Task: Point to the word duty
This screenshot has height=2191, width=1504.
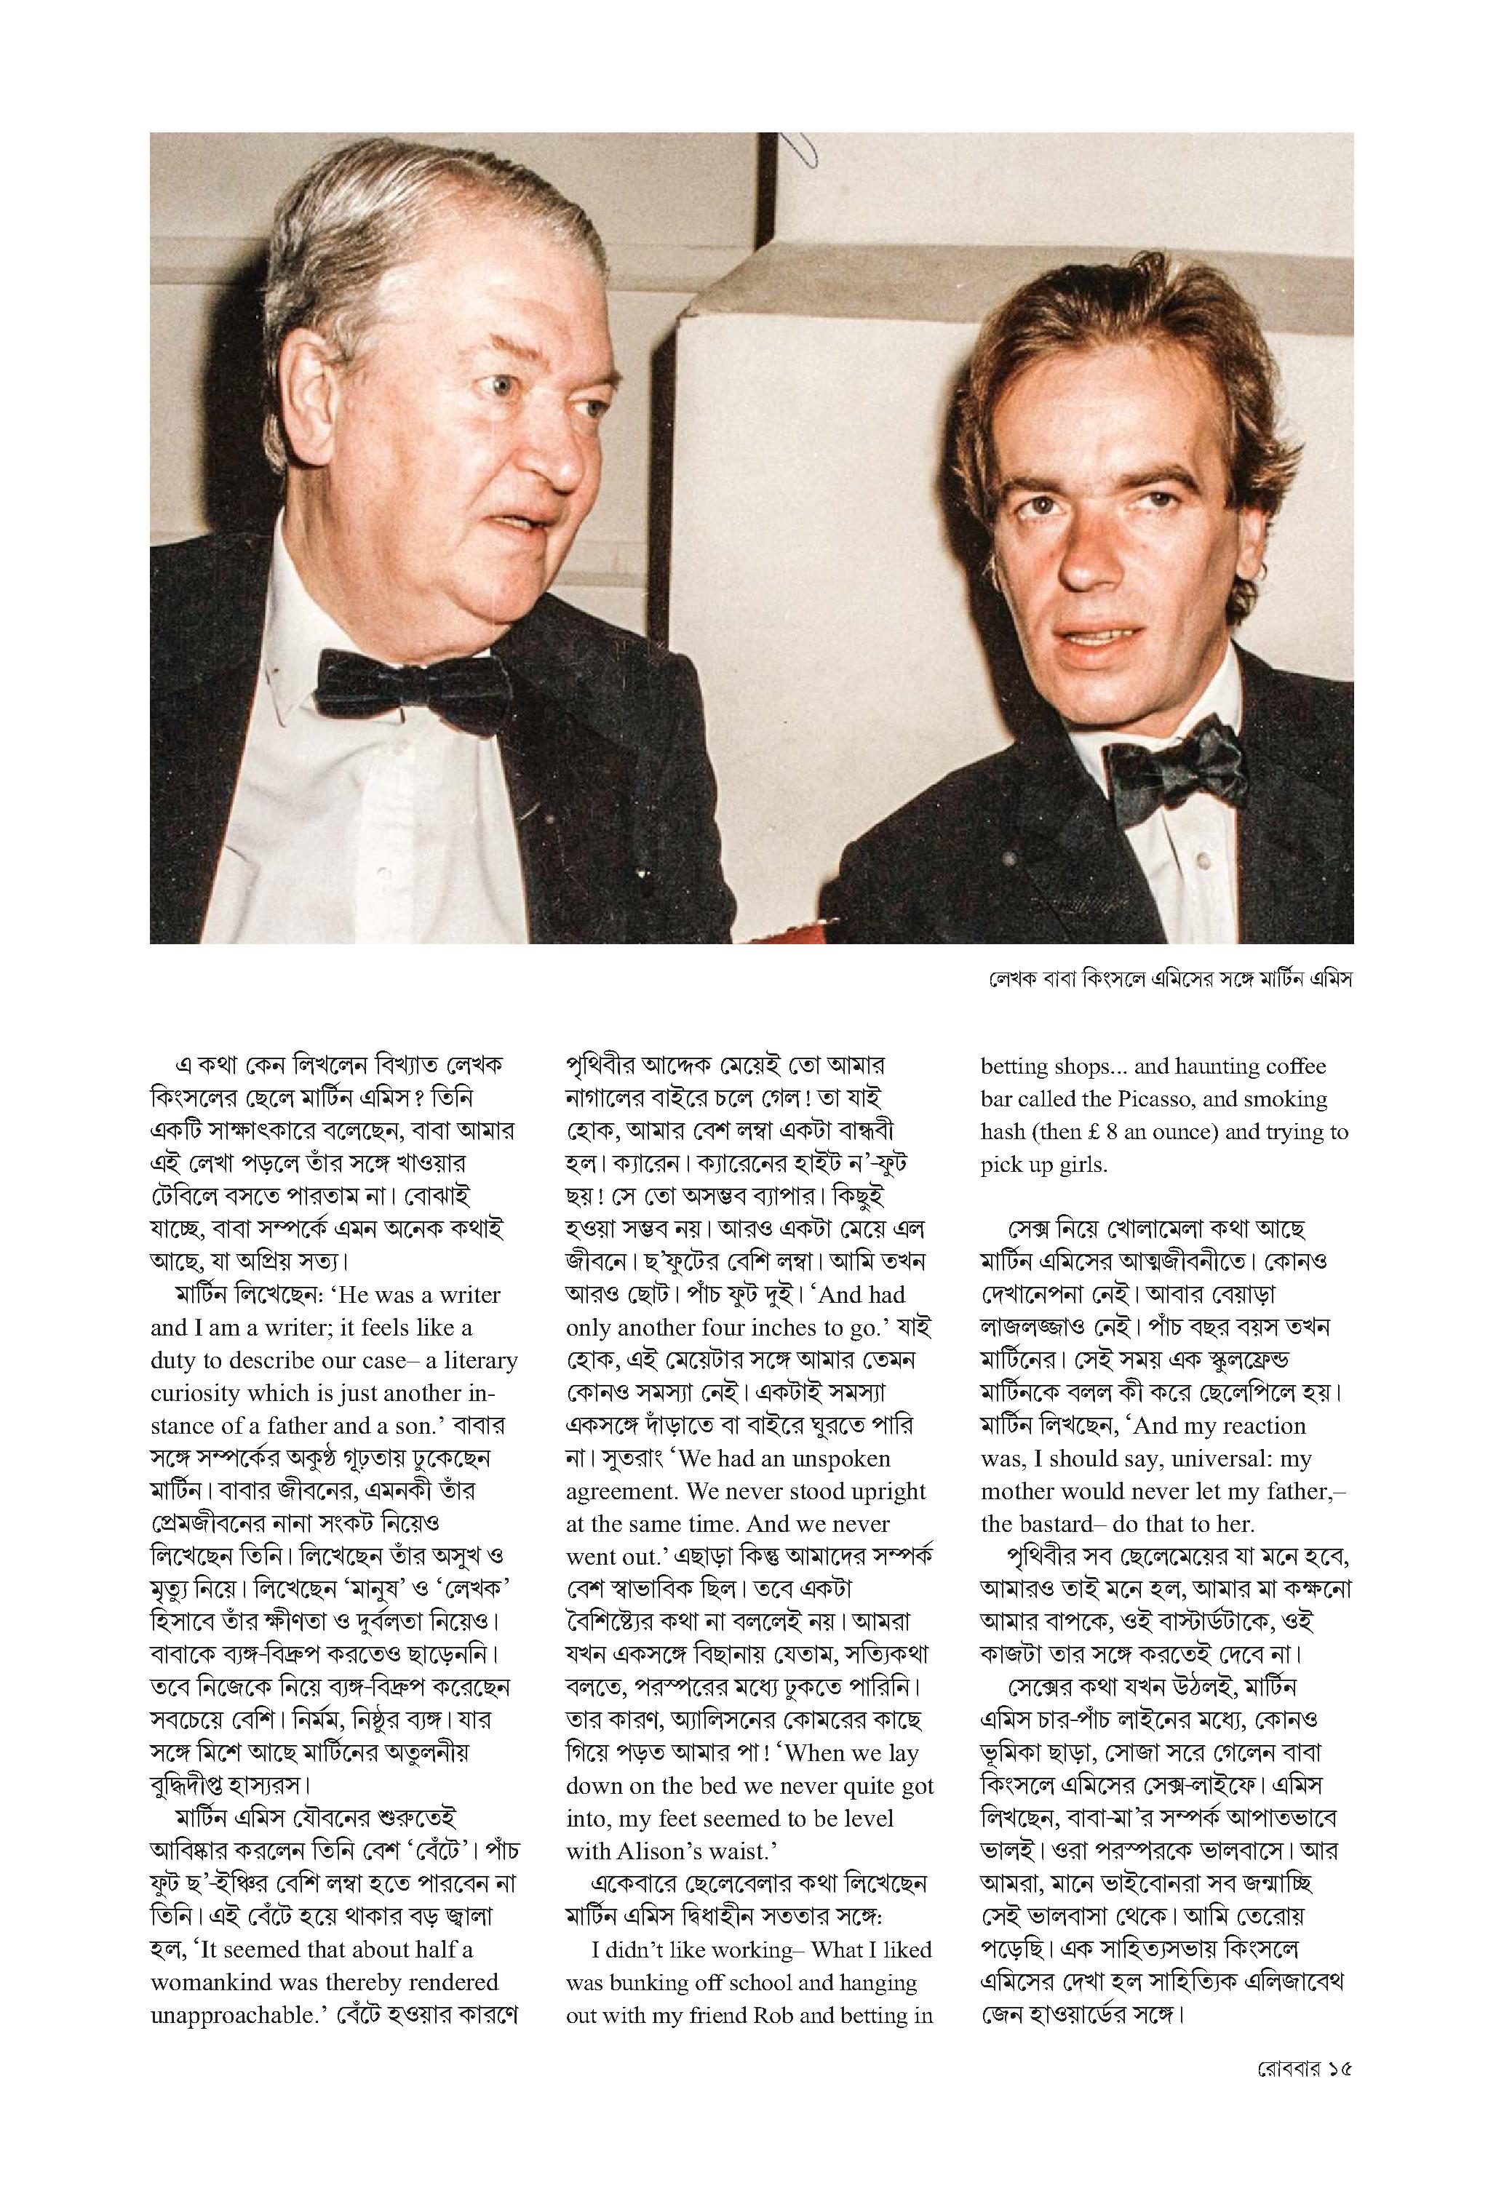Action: click(x=171, y=1360)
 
